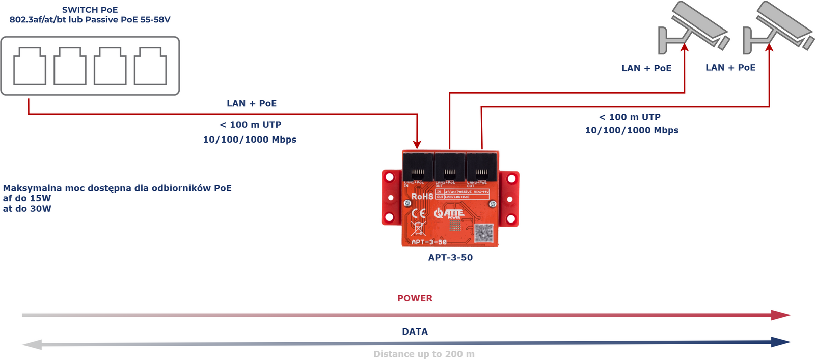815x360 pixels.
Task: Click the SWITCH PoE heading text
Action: point(90,10)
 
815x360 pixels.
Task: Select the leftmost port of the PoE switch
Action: point(30,66)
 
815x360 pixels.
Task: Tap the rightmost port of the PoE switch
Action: point(150,66)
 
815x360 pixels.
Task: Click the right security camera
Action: point(778,28)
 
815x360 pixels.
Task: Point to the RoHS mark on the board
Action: point(422,197)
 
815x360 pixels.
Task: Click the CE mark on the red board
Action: point(419,213)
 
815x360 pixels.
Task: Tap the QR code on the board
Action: point(483,233)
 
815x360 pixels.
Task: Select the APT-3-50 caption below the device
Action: point(450,258)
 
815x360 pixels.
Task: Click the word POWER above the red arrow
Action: point(415,298)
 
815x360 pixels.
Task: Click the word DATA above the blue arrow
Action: point(415,331)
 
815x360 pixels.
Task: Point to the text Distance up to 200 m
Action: point(424,354)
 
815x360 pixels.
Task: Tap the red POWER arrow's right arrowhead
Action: point(780,315)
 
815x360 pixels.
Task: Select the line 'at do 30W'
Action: point(27,209)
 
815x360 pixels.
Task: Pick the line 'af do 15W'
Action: point(27,198)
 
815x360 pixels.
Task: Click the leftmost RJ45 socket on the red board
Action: point(418,167)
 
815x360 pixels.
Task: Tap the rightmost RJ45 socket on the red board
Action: point(482,167)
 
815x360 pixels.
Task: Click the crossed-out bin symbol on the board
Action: point(418,229)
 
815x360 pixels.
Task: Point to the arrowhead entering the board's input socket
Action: point(417,145)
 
